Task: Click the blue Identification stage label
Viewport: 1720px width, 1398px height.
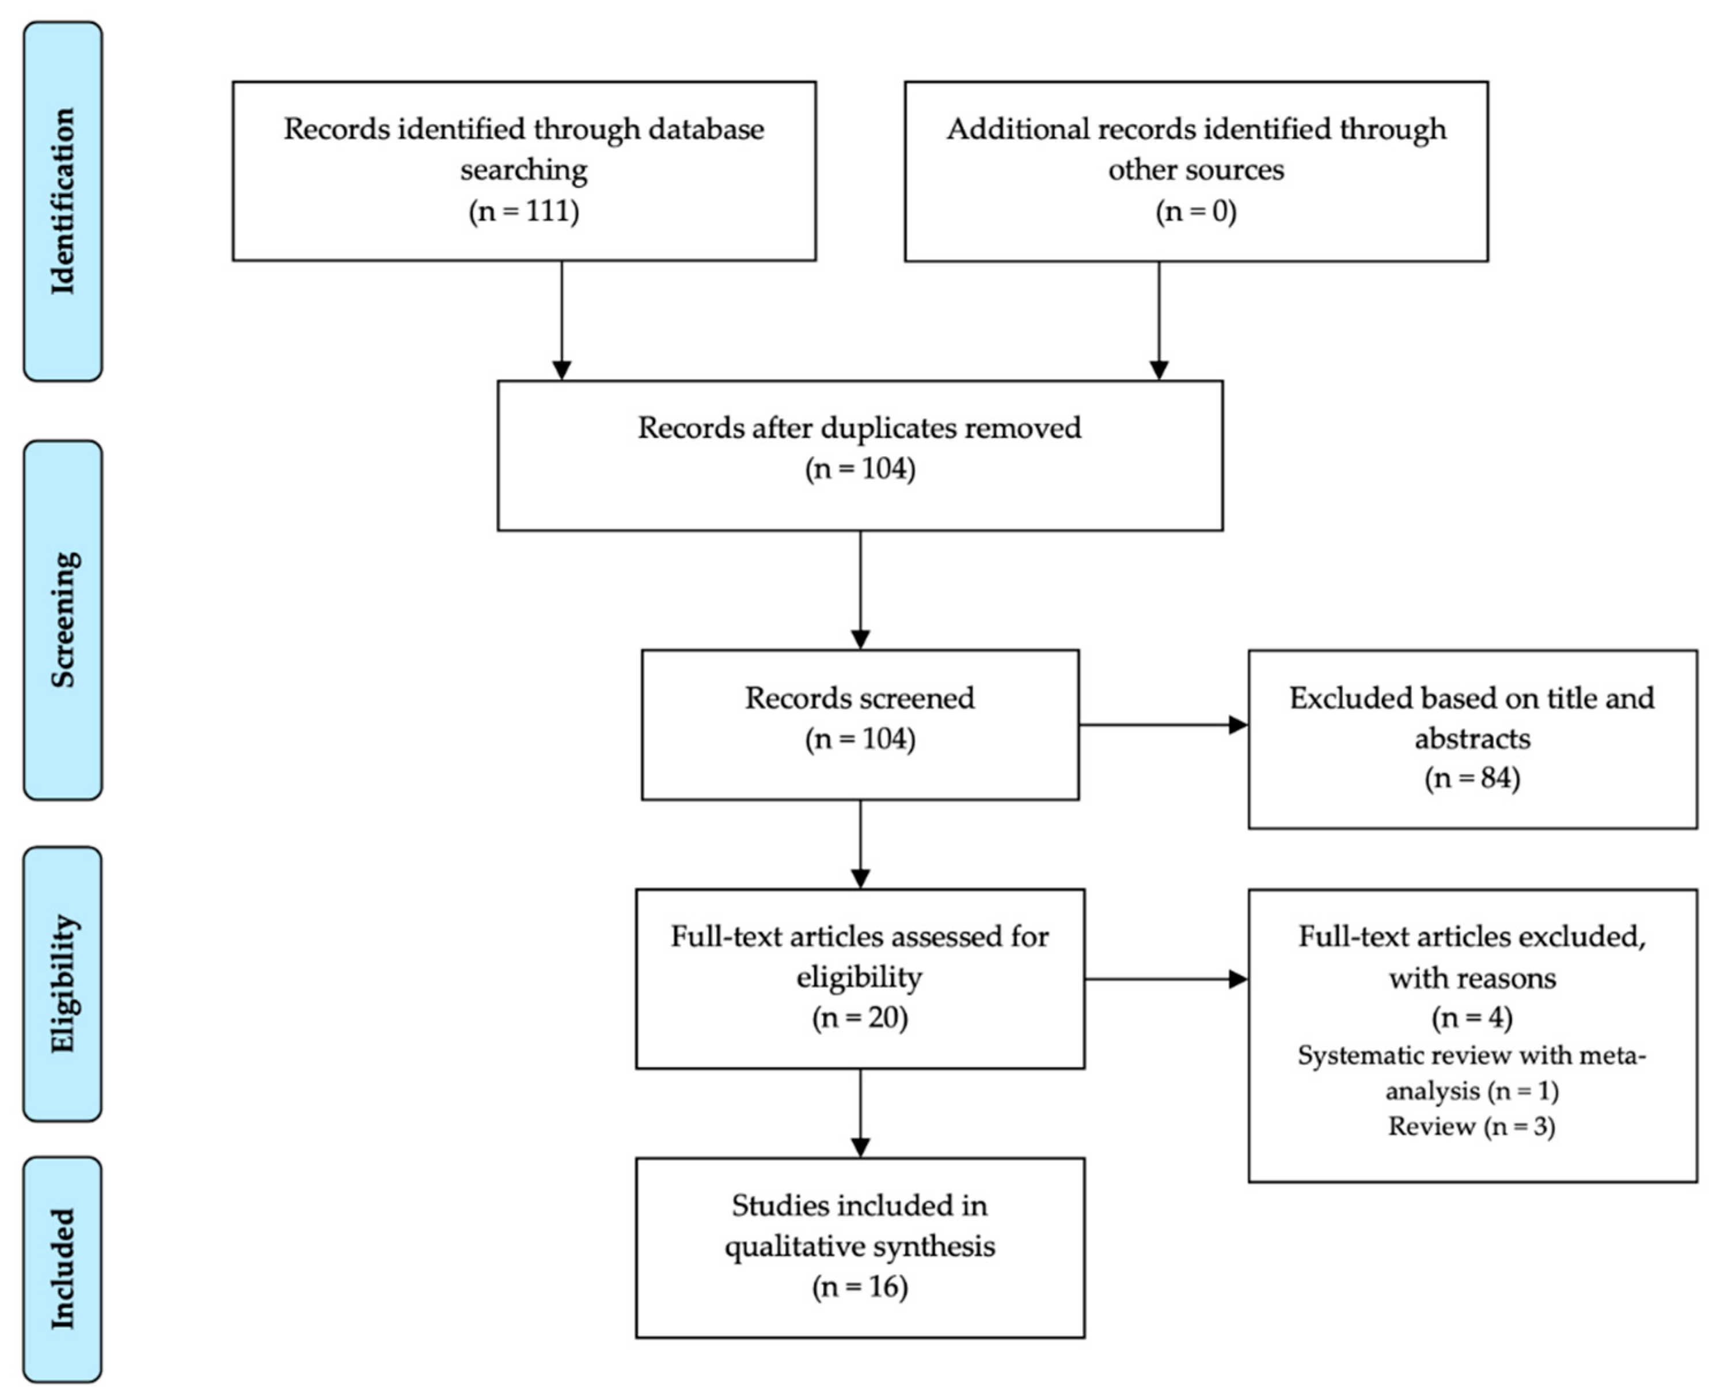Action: tap(63, 202)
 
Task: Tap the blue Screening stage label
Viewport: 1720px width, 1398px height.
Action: tap(63, 619)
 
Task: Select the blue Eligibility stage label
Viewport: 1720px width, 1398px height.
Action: tap(63, 983)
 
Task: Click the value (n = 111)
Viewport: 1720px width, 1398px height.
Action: tap(524, 211)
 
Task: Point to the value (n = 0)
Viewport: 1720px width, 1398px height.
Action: tap(1196, 211)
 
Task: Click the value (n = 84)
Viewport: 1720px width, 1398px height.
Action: tap(1472, 778)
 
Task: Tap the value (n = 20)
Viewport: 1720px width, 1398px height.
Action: tap(860, 1018)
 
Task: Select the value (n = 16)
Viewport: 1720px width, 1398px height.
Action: tap(860, 1287)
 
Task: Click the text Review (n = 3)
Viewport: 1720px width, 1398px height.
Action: tap(1471, 1126)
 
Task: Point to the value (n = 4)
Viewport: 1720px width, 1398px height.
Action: tap(1472, 1018)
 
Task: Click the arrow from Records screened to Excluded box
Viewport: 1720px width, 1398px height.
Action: tap(1163, 725)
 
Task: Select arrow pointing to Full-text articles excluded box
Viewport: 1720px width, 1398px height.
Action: tap(1166, 979)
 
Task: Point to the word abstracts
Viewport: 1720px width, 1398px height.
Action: tap(1472, 738)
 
